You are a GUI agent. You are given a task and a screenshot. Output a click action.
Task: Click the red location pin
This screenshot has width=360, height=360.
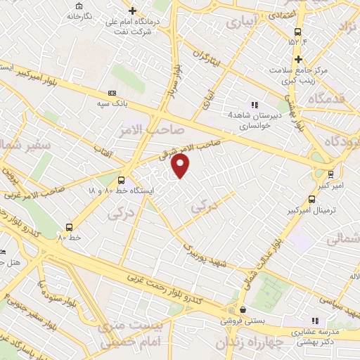point(181,165)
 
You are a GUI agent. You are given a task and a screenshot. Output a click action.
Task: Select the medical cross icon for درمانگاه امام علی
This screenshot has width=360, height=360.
point(133,11)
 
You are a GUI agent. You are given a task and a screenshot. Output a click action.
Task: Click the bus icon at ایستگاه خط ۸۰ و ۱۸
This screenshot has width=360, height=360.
point(121,180)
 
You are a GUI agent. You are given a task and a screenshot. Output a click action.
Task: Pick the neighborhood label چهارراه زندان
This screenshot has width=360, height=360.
point(249,344)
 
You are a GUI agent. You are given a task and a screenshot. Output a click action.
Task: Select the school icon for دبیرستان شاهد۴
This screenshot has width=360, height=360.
point(255,105)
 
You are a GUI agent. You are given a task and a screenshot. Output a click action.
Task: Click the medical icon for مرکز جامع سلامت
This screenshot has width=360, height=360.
point(298,59)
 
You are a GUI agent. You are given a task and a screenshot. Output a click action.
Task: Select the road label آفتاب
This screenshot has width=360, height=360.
point(105,143)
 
